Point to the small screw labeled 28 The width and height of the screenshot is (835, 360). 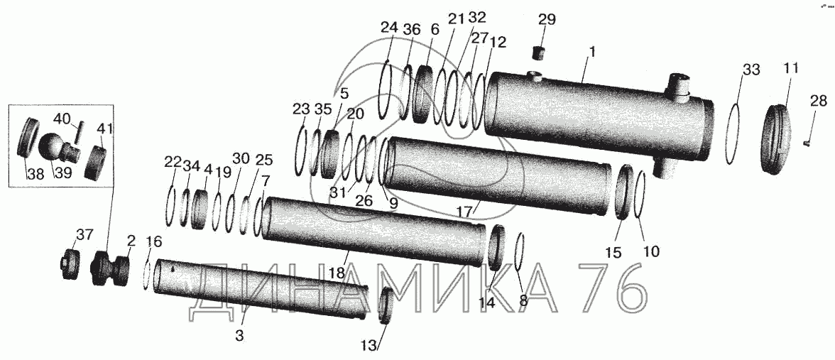(806, 144)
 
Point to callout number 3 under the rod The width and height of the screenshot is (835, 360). (239, 335)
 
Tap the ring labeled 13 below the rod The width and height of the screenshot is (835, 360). (388, 306)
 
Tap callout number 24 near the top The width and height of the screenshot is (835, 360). (390, 28)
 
